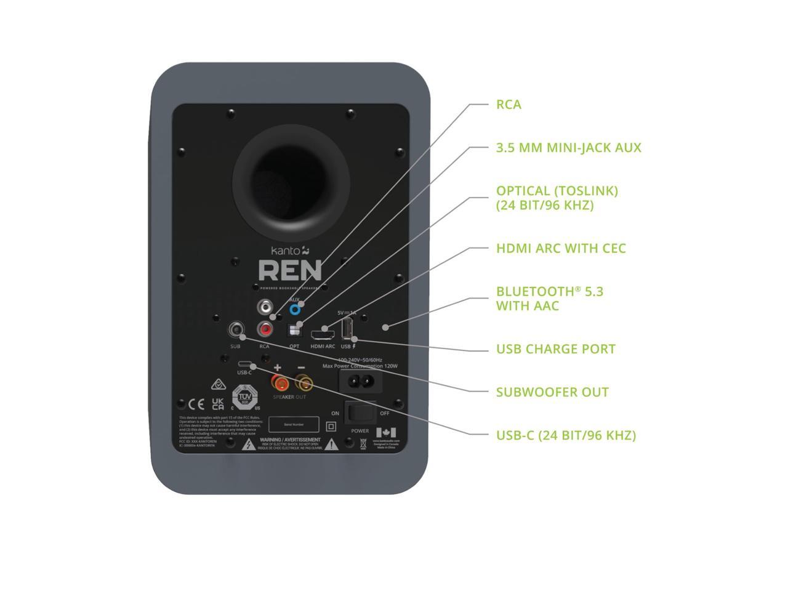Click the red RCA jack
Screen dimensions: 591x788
coord(265,330)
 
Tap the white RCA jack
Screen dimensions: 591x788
coord(265,306)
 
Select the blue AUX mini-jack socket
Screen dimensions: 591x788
coord(295,310)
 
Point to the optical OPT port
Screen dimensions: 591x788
coord(295,331)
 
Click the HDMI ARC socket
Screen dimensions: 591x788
coord(323,335)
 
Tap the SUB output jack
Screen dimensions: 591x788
coord(235,330)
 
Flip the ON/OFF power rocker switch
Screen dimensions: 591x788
coord(360,413)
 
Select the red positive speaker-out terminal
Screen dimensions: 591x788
coord(280,384)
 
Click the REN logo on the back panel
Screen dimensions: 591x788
coord(289,270)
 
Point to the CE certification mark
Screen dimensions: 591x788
coord(196,404)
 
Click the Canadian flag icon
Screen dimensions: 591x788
coord(386,432)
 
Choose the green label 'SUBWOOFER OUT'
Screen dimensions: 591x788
coord(552,392)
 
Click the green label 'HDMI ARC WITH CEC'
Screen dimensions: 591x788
coord(561,248)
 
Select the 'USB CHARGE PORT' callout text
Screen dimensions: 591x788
coord(555,349)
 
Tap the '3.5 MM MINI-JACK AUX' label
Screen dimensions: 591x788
coord(568,148)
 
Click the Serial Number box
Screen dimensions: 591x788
coord(294,424)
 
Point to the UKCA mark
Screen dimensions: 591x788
coord(218,404)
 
